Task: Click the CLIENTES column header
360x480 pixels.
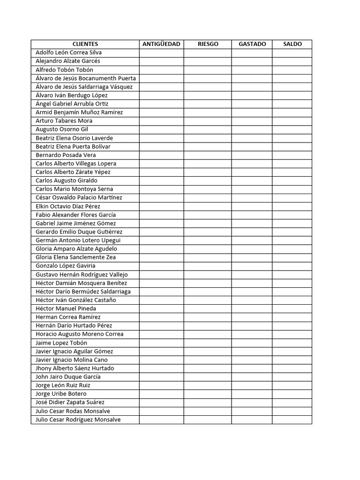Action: click(85, 44)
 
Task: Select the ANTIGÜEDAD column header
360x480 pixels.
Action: click(161, 44)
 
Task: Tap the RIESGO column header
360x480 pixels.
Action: click(208, 44)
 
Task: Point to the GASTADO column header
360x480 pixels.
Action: click(252, 44)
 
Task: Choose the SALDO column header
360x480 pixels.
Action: click(292, 44)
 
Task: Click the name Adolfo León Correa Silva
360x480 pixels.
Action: click(68, 52)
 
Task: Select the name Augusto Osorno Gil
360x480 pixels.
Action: click(62, 129)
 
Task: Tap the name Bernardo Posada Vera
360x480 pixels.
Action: click(66, 155)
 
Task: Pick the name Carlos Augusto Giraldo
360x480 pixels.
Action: click(67, 180)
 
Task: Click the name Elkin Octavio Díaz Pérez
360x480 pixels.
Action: click(68, 206)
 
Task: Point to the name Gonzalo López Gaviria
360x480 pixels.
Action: click(65, 266)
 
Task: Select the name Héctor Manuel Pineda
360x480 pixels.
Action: click(66, 308)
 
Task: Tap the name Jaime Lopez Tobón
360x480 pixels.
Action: click(61, 343)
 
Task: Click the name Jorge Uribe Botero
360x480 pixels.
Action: click(61, 394)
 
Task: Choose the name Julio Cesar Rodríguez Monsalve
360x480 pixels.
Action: click(78, 420)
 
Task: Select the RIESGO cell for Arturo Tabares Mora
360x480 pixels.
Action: click(207, 121)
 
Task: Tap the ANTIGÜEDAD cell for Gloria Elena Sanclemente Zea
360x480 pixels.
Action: click(161, 257)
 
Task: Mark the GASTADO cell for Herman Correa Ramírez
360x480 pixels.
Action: click(252, 317)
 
